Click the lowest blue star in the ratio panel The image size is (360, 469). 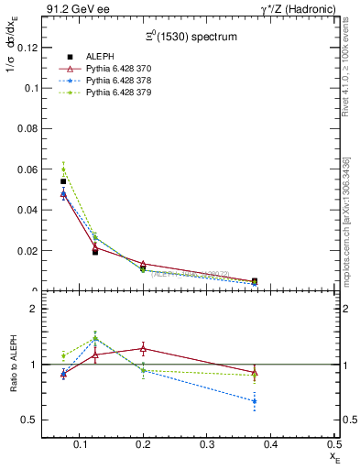pyautogui.click(x=255, y=401)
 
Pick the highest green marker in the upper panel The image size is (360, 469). pyautogui.click(x=63, y=169)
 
